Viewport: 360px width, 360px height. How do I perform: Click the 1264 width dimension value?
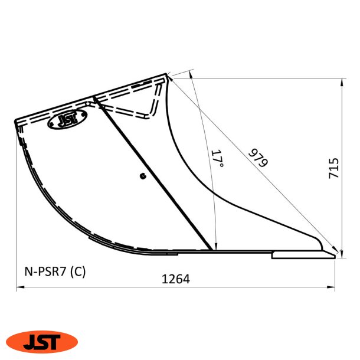point(176,279)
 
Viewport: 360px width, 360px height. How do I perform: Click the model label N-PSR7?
point(46,272)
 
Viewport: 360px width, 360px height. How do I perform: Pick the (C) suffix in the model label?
point(77,272)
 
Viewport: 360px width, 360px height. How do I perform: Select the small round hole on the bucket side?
point(142,175)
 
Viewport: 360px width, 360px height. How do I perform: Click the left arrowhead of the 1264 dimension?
point(18,289)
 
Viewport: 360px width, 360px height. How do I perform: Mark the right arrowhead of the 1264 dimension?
point(333,289)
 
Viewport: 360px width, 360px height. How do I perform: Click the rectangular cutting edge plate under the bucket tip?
point(301,256)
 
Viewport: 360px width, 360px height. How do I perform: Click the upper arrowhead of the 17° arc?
point(192,73)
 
